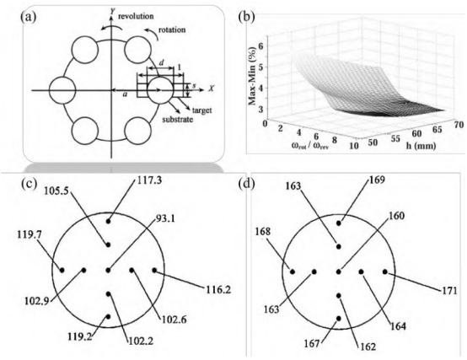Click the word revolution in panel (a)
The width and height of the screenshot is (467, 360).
tap(136, 16)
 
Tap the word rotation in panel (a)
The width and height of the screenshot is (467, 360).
tap(172, 30)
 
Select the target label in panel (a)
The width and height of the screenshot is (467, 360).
tap(201, 110)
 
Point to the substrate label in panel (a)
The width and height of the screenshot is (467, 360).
tap(178, 120)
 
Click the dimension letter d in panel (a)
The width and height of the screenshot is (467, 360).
tap(161, 63)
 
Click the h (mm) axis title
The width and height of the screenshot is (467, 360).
tap(421, 146)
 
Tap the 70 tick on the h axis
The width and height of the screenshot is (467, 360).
tap(459, 124)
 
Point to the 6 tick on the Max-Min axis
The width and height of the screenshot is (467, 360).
tap(263, 46)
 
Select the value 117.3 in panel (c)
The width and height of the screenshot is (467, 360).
tap(149, 180)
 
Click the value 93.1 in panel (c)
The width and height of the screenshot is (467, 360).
tap(165, 219)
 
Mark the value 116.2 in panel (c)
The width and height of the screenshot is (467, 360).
tap(217, 289)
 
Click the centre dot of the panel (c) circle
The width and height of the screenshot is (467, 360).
tap(108, 271)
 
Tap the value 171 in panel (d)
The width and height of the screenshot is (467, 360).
tap(449, 290)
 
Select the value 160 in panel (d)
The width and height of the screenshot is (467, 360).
tap(397, 216)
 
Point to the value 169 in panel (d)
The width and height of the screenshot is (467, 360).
tap(377, 180)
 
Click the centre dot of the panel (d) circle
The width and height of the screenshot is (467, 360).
tap(338, 271)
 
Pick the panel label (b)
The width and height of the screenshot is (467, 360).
tap(247, 17)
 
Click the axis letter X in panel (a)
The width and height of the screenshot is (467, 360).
tap(212, 89)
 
